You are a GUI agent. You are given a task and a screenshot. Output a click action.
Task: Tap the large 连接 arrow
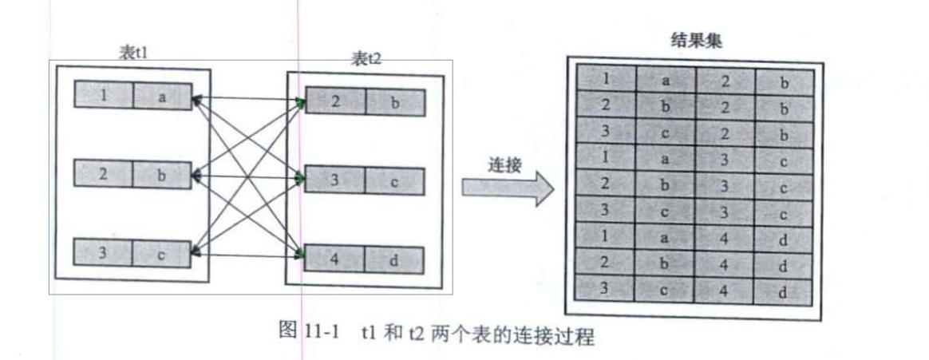pyautogui.click(x=508, y=192)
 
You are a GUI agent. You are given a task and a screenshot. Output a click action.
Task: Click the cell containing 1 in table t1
pyautogui.click(x=103, y=95)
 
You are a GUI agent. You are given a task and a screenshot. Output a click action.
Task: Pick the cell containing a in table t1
pyautogui.click(x=161, y=96)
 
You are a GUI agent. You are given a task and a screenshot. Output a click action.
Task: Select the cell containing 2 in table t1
pyautogui.click(x=103, y=174)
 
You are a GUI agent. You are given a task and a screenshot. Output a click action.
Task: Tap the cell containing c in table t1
pyautogui.click(x=161, y=254)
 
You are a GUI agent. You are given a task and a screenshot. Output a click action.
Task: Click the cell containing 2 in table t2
pyautogui.click(x=336, y=102)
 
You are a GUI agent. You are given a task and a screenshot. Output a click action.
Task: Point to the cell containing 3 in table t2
pyautogui.click(x=336, y=181)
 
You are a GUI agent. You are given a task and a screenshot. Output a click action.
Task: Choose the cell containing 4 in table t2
pyautogui.click(x=336, y=259)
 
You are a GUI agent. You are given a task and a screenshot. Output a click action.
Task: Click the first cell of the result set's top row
pyautogui.click(x=606, y=78)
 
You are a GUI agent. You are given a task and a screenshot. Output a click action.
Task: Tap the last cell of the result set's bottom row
pyautogui.click(x=784, y=292)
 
